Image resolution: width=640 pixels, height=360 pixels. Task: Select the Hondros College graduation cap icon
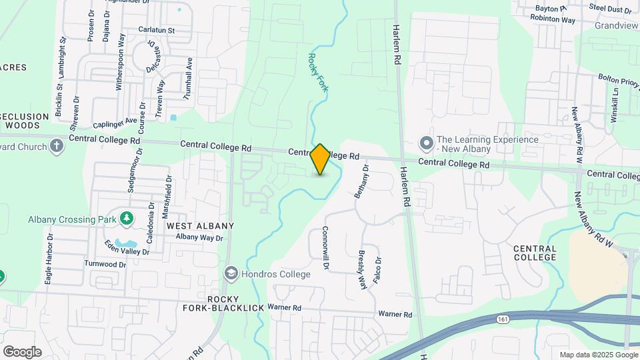[x=231, y=273]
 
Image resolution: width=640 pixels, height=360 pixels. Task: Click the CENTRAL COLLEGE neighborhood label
[x=535, y=253]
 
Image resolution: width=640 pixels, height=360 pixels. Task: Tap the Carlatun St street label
[x=157, y=30]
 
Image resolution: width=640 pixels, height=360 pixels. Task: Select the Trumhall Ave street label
[x=189, y=77]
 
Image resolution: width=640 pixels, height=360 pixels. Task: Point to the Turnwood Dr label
[x=105, y=265]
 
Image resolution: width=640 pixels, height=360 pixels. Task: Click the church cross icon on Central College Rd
[x=57, y=146]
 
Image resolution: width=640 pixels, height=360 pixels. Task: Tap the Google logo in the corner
[x=22, y=351]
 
